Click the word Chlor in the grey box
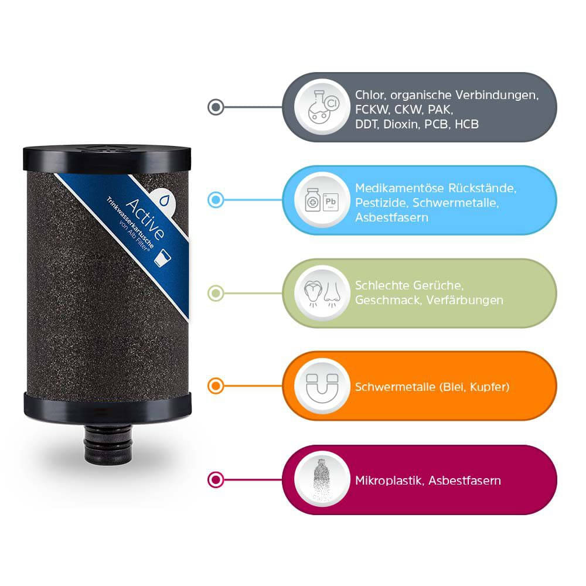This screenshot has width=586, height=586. click(368, 94)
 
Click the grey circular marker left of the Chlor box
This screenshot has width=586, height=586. click(216, 107)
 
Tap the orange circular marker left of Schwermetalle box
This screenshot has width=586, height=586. click(216, 386)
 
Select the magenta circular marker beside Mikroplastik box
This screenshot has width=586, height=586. click(216, 479)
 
